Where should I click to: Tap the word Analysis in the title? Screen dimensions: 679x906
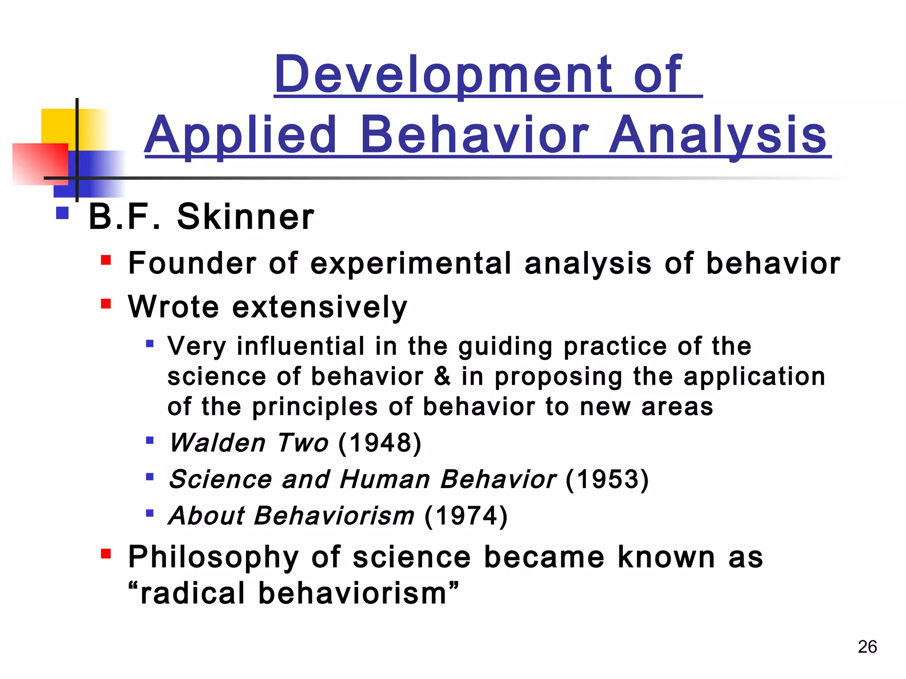[x=718, y=135]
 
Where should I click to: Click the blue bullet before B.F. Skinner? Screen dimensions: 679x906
[x=63, y=213]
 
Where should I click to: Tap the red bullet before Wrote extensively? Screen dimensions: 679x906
[x=106, y=304]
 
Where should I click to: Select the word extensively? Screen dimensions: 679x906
[x=319, y=307]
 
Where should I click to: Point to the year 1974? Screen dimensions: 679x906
[x=466, y=516]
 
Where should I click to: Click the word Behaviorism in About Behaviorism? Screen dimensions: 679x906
[x=334, y=516]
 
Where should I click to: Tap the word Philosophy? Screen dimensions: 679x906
[x=214, y=557]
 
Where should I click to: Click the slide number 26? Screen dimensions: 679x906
[x=867, y=647]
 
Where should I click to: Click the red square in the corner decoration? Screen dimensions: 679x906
[x=40, y=164]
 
